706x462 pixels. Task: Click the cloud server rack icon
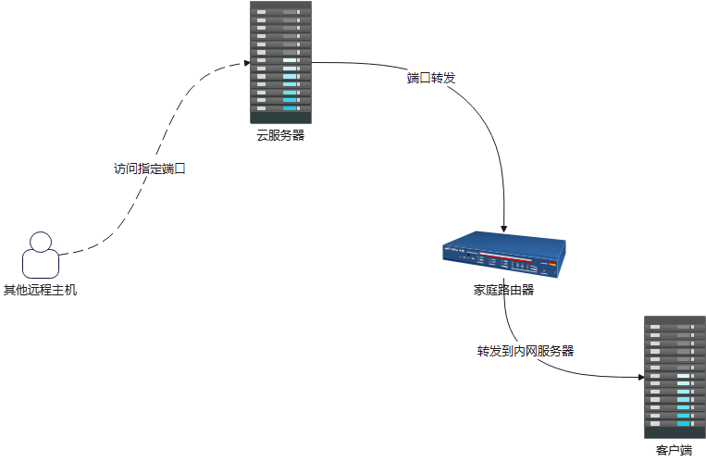tap(281, 61)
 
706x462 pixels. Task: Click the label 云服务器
tap(281, 135)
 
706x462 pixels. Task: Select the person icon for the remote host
tap(41, 256)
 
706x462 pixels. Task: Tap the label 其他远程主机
tap(41, 290)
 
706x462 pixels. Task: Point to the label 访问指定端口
tap(149, 169)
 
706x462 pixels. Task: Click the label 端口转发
tap(431, 78)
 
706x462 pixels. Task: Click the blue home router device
tap(503, 256)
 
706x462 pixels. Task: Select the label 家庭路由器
tap(503, 290)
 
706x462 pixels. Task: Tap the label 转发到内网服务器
tap(526, 351)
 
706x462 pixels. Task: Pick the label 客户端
tap(675, 451)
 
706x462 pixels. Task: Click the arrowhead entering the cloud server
tap(246, 63)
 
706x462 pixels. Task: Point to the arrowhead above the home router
tap(504, 227)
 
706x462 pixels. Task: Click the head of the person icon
tap(40, 243)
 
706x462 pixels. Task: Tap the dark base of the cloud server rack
tap(281, 118)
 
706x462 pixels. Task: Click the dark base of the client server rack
tap(675, 432)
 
